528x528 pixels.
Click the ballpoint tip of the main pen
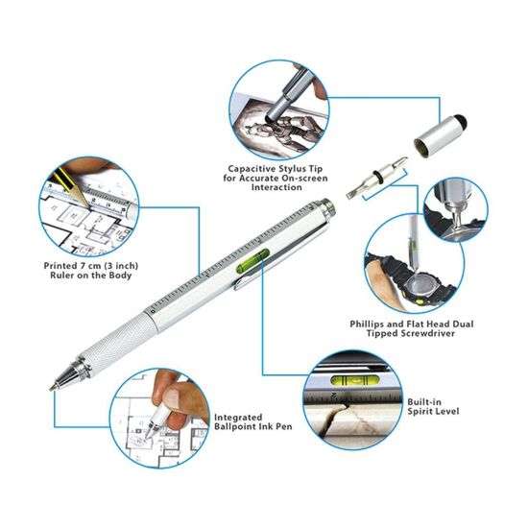54,385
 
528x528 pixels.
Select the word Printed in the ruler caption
60,265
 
